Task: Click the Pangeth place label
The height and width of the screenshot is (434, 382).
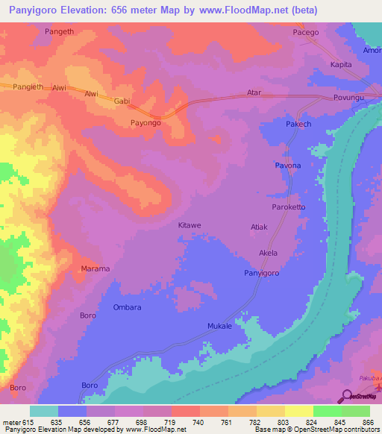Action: (60, 32)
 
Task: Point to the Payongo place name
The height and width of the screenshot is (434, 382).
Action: (145, 123)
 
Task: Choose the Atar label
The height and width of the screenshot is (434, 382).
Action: (254, 93)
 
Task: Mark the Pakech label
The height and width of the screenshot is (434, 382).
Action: (298, 124)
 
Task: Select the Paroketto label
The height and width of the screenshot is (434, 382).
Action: (289, 207)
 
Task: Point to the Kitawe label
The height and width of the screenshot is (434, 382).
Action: (190, 224)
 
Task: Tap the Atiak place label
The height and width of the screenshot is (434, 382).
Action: (258, 226)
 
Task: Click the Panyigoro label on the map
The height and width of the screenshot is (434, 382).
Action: (261, 274)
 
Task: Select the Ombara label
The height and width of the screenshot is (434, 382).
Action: (126, 307)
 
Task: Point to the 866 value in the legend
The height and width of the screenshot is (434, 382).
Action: (366, 422)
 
